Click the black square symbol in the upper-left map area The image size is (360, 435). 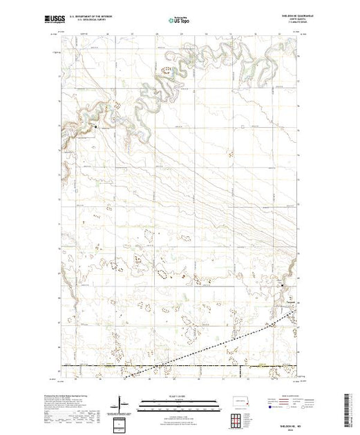click(x=96, y=127)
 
